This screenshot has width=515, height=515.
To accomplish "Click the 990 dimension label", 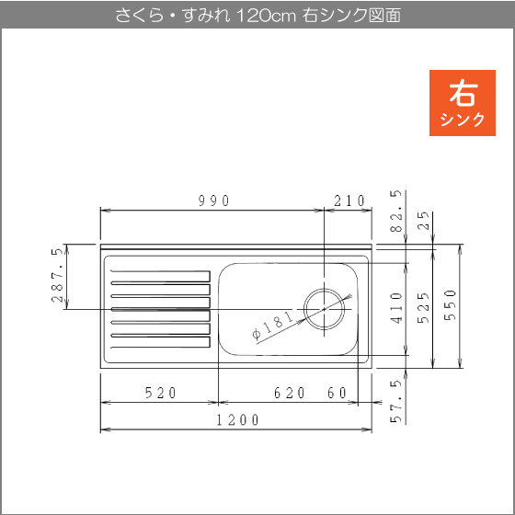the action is point(213,200).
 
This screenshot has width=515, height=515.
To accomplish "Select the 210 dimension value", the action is point(349,200).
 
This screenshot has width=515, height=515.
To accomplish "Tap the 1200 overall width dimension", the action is point(238,419).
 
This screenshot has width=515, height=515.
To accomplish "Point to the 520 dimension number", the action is point(161,393).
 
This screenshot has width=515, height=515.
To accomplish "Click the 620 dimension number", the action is point(290,393).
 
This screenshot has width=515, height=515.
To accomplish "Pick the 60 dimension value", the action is point(337,393).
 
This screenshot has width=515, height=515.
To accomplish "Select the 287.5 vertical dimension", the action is point(57,275).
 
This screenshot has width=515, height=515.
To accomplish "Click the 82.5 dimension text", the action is point(396,211).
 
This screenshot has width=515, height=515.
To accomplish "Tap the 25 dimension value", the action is point(423,221).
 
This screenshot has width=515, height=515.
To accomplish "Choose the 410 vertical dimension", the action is point(396,308).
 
